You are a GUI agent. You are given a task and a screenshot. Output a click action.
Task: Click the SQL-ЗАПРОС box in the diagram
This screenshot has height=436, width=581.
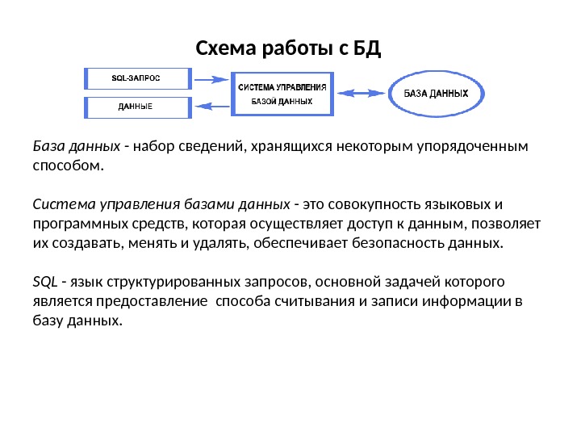click(x=137, y=78)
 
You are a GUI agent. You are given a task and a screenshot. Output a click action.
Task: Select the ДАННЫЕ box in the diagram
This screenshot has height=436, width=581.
click(x=137, y=107)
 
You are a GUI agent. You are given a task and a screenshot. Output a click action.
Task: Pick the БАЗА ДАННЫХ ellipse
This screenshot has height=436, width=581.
click(x=436, y=93)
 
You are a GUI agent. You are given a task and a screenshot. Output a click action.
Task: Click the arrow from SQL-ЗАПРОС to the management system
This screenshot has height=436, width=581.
click(x=212, y=79)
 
